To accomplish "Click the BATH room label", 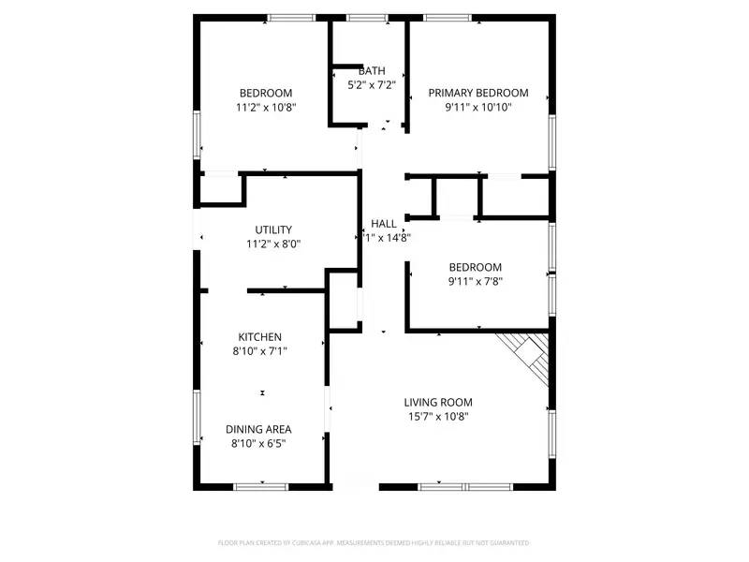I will tap(372, 71).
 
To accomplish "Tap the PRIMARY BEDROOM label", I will tap(478, 93).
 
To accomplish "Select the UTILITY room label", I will tap(273, 229).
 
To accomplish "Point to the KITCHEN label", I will tap(260, 337).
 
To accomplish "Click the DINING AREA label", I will tap(259, 429).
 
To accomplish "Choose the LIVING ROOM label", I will tap(438, 402).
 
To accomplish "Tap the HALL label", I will tap(383, 223).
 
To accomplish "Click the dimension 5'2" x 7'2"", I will tap(372, 85).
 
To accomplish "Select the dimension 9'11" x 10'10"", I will tap(478, 107).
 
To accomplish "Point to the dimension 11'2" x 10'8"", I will tap(266, 107).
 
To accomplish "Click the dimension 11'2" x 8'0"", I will tap(273, 244).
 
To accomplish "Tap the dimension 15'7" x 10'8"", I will tap(438, 417).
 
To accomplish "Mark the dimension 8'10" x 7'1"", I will tap(260, 351).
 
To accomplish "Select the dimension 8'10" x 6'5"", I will tap(259, 443).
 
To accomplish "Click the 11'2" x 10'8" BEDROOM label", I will tap(266, 93).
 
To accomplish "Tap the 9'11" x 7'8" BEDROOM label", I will tap(476, 266).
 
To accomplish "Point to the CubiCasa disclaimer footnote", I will tap(374, 542).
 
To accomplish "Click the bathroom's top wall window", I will tap(367, 17).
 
